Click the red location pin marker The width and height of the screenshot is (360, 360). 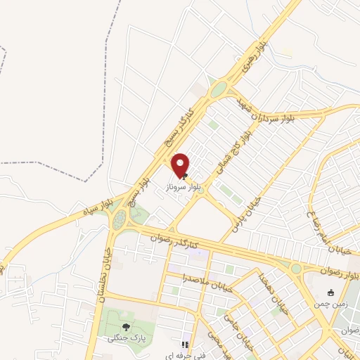tap(181, 165)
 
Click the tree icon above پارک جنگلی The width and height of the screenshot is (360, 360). tap(125, 326)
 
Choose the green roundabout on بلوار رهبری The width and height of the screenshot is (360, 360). tap(219, 89)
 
